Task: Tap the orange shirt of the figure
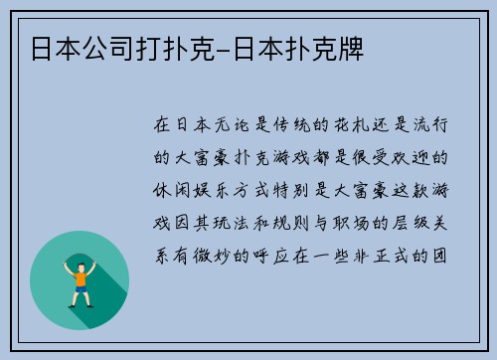pyautogui.click(x=80, y=275)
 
